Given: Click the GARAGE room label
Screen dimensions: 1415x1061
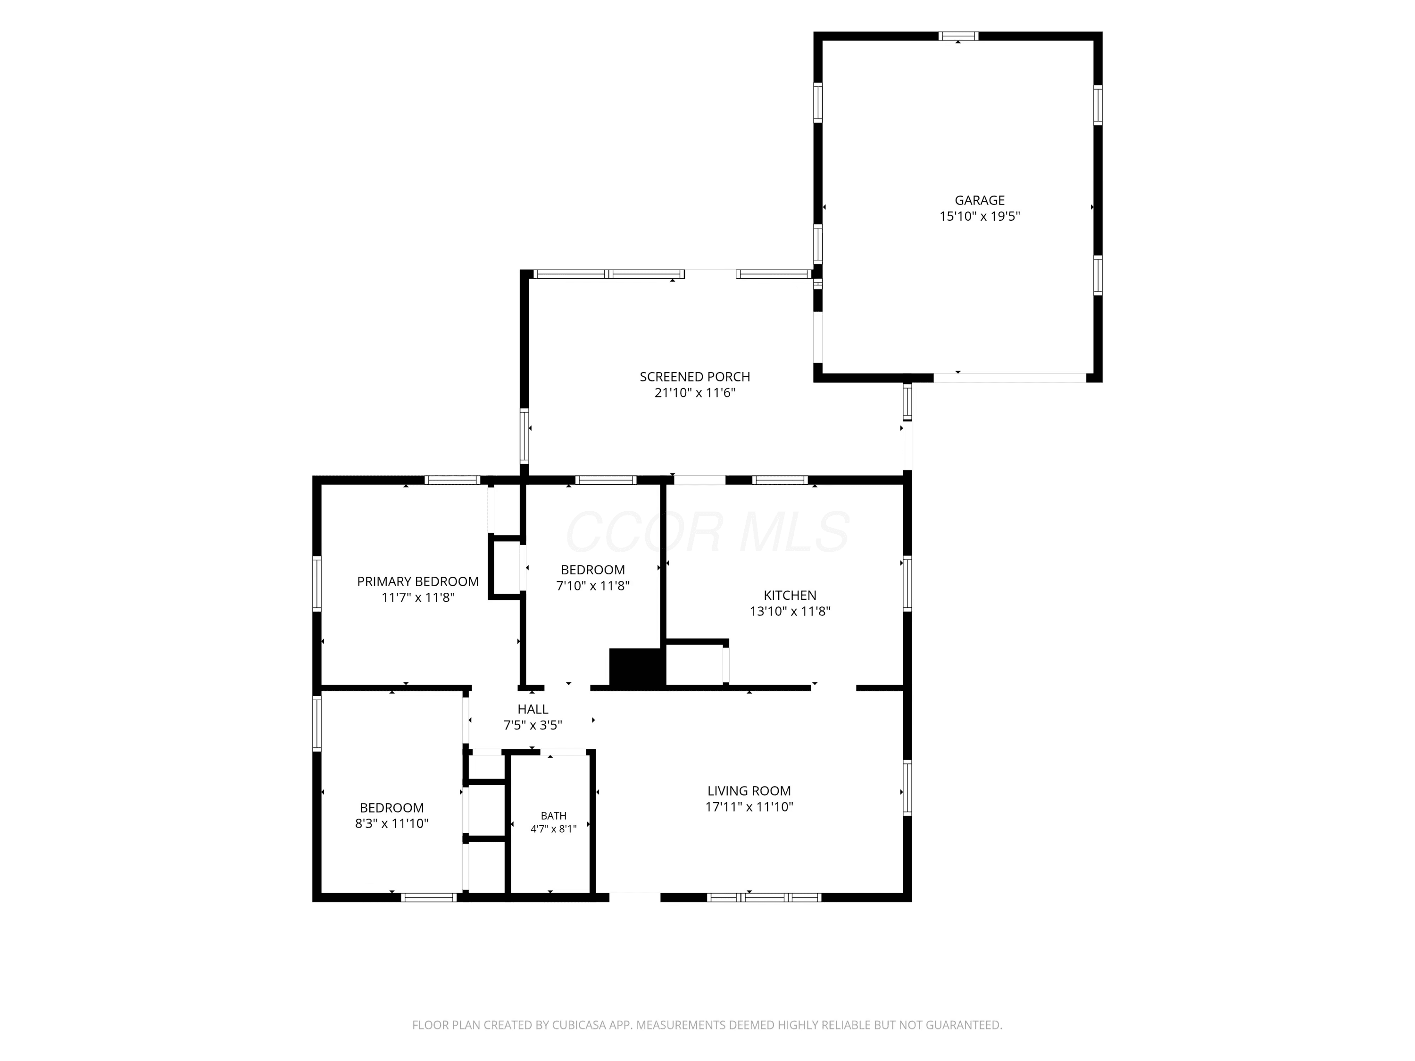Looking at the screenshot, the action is [x=979, y=200].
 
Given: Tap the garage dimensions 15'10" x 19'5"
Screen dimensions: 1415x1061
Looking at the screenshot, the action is [x=979, y=216].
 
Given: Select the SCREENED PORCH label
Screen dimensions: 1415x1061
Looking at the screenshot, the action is [x=695, y=377].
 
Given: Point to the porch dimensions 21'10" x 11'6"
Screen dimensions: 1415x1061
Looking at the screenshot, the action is [x=695, y=393].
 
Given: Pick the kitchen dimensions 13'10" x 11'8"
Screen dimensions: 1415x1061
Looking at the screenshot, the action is [x=790, y=611].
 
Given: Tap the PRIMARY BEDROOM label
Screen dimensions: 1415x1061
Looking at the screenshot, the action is [x=418, y=581].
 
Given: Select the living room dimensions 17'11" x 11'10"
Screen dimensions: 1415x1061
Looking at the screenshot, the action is [x=749, y=806].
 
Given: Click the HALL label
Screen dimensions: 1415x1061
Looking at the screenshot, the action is [x=533, y=709].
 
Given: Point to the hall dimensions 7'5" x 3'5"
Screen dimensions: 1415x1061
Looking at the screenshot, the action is [x=533, y=725].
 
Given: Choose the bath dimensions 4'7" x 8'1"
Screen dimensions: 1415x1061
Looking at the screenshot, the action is [x=553, y=829].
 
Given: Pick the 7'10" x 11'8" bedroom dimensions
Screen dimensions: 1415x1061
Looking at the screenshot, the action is [x=593, y=585].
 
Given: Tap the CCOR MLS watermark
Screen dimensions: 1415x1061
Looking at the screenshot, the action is [x=707, y=532].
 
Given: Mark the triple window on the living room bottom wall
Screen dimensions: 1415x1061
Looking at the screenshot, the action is [x=764, y=897].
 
